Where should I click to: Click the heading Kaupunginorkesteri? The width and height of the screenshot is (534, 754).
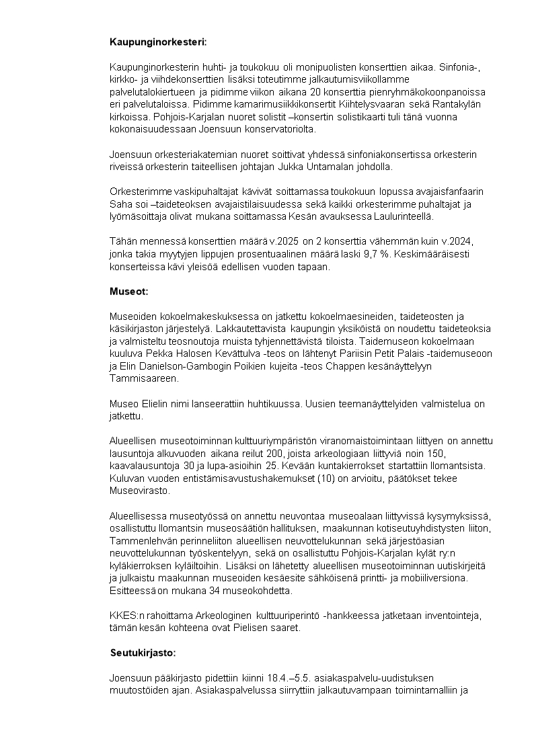158,42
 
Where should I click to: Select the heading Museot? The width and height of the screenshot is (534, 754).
128,292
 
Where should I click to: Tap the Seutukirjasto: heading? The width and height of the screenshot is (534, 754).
143,653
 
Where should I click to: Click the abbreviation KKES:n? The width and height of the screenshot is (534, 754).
126,616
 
